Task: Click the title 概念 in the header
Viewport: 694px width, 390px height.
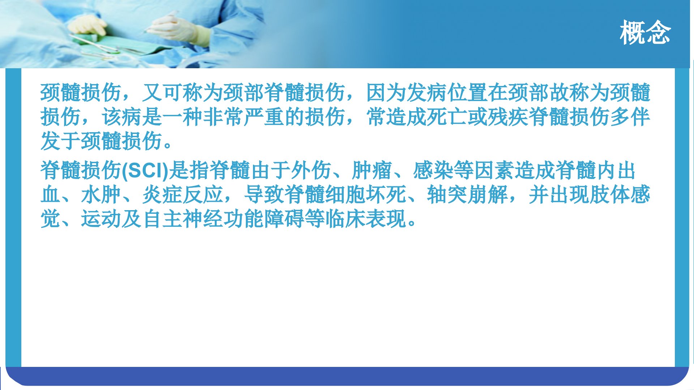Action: [645, 32]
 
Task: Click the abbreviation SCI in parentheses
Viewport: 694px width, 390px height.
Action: [146, 171]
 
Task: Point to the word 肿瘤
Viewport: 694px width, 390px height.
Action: [372, 171]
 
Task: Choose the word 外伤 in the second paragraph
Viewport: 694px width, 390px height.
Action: [311, 171]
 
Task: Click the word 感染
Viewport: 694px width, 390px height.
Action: [433, 171]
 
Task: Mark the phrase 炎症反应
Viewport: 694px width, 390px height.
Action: [183, 195]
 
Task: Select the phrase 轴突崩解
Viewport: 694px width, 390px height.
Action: [467, 195]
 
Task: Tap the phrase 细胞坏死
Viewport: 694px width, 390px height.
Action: [365, 195]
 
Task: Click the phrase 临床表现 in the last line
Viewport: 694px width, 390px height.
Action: [365, 219]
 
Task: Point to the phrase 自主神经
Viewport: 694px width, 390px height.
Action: [183, 219]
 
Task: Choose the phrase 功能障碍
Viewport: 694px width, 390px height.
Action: [264, 219]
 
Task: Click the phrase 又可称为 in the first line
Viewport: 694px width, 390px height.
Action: [183, 92]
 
